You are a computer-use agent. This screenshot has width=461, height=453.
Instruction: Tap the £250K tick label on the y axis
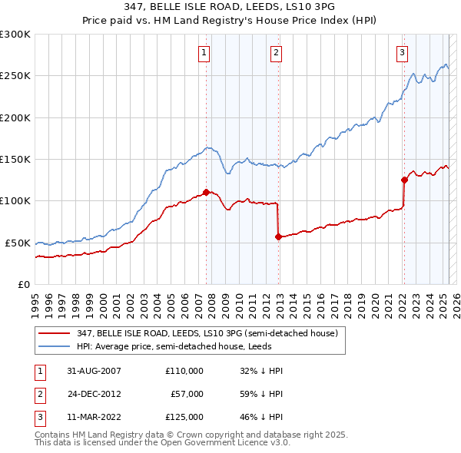tap(15, 76)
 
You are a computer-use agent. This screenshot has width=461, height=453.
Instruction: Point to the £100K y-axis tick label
tap(15, 200)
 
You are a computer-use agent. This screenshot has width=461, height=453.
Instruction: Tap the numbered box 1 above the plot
tap(204, 53)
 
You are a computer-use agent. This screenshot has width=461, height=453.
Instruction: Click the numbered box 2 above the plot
tap(276, 53)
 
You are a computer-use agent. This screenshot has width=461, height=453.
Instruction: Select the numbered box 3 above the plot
tap(402, 53)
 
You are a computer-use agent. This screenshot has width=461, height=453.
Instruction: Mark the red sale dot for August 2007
tap(206, 192)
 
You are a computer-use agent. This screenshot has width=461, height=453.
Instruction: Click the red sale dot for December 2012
tap(278, 236)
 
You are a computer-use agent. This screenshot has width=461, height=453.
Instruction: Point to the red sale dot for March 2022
tap(403, 180)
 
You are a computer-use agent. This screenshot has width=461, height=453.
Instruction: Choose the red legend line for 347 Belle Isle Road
tap(55, 333)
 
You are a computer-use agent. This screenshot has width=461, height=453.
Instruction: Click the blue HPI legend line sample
tap(55, 346)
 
